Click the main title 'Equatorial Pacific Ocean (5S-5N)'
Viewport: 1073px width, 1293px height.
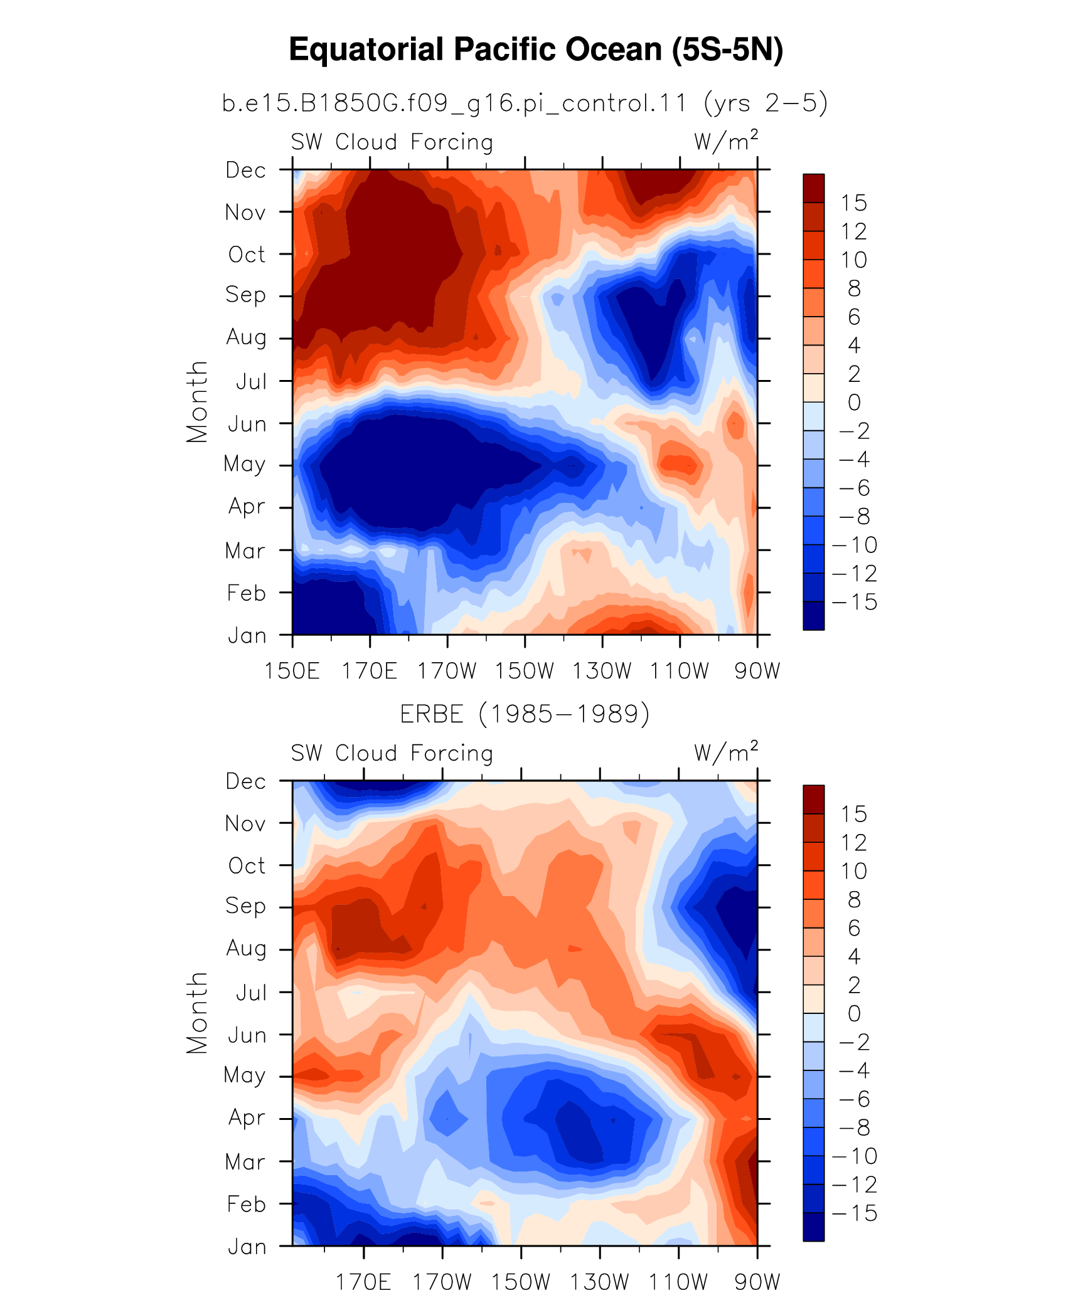coord(536,50)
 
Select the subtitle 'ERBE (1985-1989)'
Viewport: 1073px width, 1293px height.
coord(525,714)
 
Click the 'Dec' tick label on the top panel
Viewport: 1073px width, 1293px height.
coord(246,170)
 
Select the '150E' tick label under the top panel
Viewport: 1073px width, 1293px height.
coord(292,671)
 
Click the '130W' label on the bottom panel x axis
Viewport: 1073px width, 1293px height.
coord(599,1282)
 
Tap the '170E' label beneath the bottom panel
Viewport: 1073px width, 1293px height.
coord(364,1282)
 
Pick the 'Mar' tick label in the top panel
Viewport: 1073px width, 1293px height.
coord(245,551)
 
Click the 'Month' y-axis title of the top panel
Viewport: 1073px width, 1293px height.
coord(197,402)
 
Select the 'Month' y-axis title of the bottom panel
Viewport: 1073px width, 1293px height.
coord(197,1013)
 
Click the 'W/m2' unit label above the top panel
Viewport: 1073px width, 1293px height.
coord(726,141)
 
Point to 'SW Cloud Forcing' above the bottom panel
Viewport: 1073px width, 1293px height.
coord(392,753)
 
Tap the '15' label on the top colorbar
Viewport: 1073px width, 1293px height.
coord(854,203)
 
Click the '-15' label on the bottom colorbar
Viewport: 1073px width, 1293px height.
coord(855,1213)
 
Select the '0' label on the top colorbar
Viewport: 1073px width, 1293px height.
coord(854,403)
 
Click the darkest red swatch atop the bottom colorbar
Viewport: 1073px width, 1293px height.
coord(814,800)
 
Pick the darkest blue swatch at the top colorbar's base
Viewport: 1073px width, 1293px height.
coord(814,616)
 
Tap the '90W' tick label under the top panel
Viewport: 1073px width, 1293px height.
coord(757,671)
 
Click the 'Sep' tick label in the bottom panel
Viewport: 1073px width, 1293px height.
coord(245,907)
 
